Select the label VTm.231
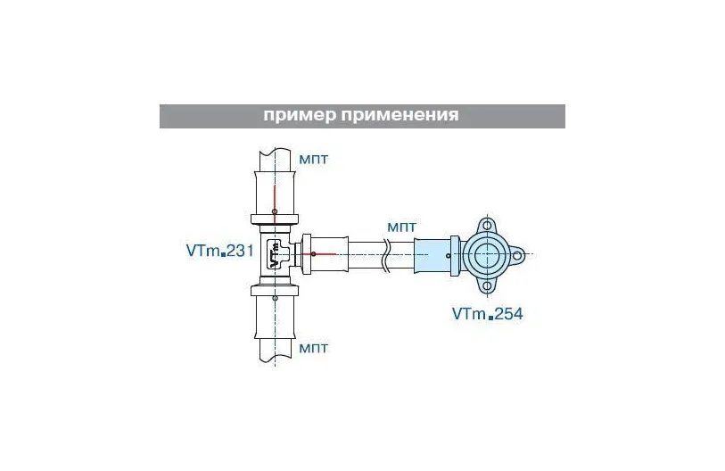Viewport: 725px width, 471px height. [220, 252]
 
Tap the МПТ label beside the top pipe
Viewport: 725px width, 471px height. [314, 159]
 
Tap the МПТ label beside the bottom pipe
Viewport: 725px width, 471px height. [314, 347]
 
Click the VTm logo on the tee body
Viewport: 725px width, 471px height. [275, 253]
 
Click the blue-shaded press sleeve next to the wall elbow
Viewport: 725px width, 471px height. [435, 256]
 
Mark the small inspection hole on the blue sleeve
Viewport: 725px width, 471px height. [449, 256]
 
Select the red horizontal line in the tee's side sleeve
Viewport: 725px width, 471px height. [325, 255]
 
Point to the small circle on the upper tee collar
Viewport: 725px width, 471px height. [275, 211]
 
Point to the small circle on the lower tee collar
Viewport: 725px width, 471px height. [275, 298]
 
